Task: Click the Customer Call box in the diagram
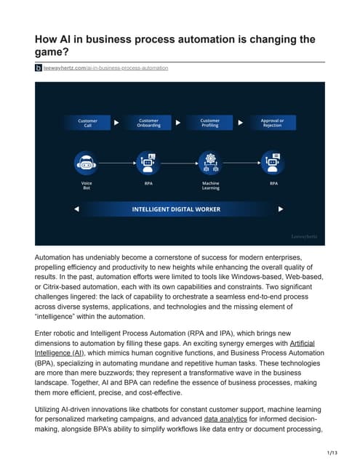(88, 123)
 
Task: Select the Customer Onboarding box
(148, 123)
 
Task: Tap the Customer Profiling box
(210, 123)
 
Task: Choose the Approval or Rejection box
(272, 123)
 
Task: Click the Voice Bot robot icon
(87, 161)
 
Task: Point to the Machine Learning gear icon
(210, 161)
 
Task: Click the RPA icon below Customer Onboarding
(148, 161)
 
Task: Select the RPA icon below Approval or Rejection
(272, 161)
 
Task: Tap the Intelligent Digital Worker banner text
(176, 209)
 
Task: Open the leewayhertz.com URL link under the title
(106, 68)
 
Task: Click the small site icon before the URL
(39, 68)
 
